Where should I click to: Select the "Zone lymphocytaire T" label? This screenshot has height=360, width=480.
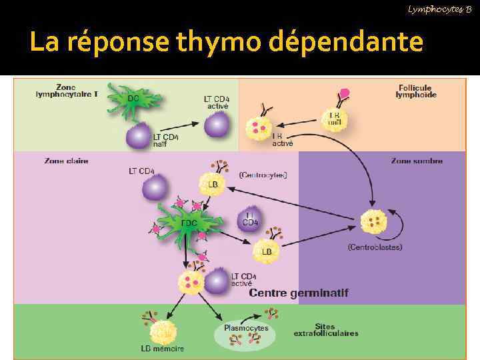(x=66, y=91)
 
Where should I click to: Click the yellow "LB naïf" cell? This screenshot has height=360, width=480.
(x=334, y=119)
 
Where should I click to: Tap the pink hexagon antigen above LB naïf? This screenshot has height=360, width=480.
(x=345, y=93)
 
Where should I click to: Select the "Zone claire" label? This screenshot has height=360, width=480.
(x=66, y=161)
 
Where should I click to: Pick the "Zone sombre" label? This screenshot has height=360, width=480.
(x=418, y=161)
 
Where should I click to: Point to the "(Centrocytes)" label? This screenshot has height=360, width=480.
(x=263, y=175)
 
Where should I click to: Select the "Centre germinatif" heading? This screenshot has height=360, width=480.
(x=299, y=293)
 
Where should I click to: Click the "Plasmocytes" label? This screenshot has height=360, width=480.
(x=246, y=327)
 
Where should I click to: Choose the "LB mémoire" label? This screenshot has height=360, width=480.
(x=163, y=349)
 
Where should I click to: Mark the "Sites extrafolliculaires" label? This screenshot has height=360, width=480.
(x=326, y=329)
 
